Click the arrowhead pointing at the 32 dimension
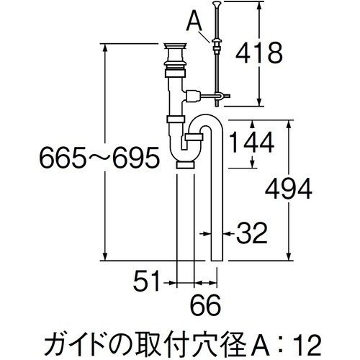pos(225,232)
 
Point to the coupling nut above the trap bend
pos(174,117)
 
